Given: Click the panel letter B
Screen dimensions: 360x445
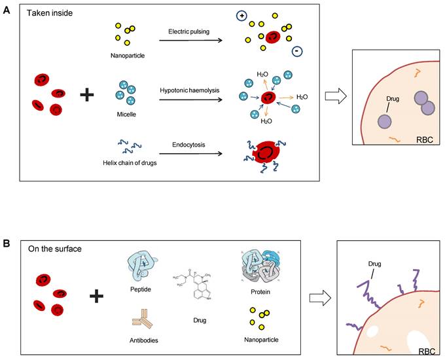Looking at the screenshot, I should [x=6, y=243].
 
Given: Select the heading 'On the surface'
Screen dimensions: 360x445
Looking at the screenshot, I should [x=54, y=249].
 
